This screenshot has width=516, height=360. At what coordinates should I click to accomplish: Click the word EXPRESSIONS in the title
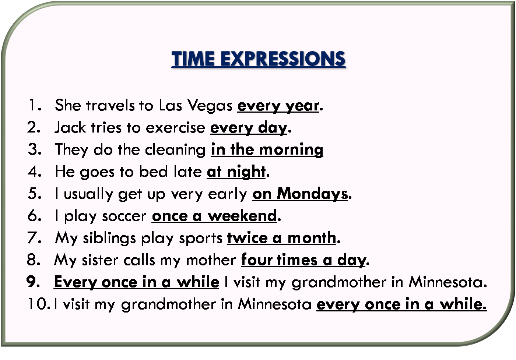(283, 59)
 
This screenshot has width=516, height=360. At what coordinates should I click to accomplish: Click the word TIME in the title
(193, 59)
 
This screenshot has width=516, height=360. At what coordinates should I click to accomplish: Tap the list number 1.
(34, 105)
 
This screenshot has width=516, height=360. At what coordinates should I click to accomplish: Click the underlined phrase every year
(278, 106)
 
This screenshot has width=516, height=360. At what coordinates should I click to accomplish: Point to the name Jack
(70, 127)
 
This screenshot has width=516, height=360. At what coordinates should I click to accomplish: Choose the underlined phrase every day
(249, 128)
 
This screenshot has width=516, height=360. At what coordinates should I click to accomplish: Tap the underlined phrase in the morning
(267, 150)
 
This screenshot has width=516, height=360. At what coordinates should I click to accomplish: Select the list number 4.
(34, 172)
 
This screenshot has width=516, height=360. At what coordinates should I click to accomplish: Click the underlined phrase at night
(236, 172)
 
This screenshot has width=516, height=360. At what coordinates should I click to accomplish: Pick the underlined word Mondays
(312, 194)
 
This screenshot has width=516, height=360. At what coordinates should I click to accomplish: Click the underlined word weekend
(242, 216)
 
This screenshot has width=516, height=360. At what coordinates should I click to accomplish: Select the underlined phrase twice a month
(282, 238)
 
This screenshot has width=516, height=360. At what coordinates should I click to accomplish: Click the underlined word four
(257, 260)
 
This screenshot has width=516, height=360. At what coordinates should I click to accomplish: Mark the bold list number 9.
(33, 282)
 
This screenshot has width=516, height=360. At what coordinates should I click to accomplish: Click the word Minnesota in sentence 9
(447, 282)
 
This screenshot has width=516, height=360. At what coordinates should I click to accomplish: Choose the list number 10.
(38, 304)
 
